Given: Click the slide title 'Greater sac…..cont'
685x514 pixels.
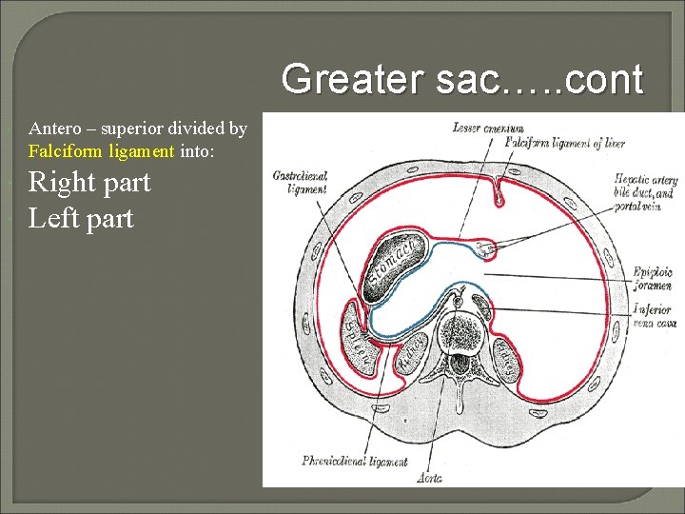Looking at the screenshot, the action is (x=462, y=78).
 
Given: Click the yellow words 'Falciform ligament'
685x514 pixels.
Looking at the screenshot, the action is (x=102, y=150).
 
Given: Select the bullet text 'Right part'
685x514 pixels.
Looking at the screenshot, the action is (x=89, y=181).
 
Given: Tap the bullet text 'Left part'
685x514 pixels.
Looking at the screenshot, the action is (x=81, y=218).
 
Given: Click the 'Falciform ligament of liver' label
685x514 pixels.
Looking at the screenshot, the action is (x=565, y=143).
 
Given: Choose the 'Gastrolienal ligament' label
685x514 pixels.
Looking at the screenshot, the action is (x=299, y=183).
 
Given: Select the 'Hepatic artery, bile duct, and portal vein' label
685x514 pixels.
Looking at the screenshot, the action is (x=644, y=192).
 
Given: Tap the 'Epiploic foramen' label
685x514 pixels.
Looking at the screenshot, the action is (x=653, y=279).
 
